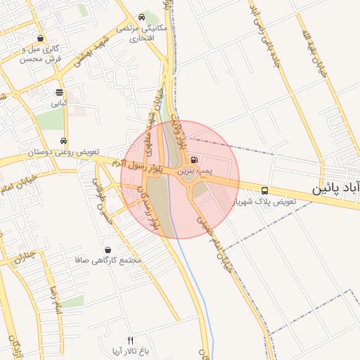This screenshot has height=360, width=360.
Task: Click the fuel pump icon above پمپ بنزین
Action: coord(194,160)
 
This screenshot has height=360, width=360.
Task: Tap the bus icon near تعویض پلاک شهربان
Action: coord(264,191)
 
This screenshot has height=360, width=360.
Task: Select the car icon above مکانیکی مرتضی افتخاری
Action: coord(143,17)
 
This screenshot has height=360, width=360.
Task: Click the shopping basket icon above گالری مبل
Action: coord(40,39)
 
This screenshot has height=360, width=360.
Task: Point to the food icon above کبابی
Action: coord(59,92)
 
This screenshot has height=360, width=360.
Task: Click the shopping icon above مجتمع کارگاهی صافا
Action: coord(108,250)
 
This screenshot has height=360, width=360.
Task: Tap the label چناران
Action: coord(24,254)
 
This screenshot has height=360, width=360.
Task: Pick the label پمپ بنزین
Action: coord(193,171)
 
